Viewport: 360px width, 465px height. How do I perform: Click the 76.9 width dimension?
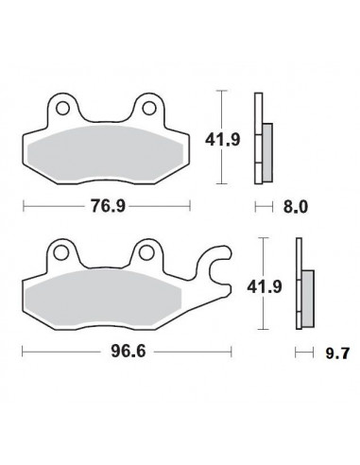tap(106, 204)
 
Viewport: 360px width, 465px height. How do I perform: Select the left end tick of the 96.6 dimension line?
tap(20, 353)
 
